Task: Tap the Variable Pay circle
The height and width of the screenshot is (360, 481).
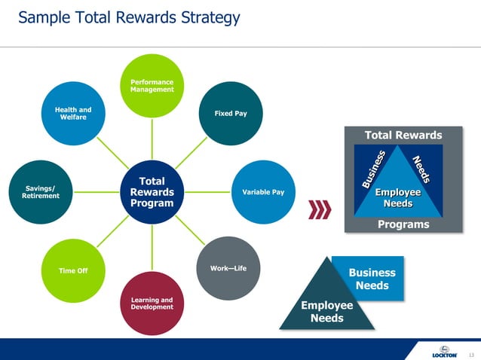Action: coord(262,192)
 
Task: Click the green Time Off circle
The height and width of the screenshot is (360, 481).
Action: coord(72,270)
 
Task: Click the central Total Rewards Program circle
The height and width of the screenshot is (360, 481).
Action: coord(152,192)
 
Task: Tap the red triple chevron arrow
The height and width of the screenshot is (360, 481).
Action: coord(321,209)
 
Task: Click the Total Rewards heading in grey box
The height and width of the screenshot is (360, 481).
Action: coord(403,135)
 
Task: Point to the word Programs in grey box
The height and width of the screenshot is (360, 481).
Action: coord(403,224)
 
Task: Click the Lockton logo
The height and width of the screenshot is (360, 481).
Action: coord(444,352)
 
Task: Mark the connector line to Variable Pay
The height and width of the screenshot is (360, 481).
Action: coord(207,192)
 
